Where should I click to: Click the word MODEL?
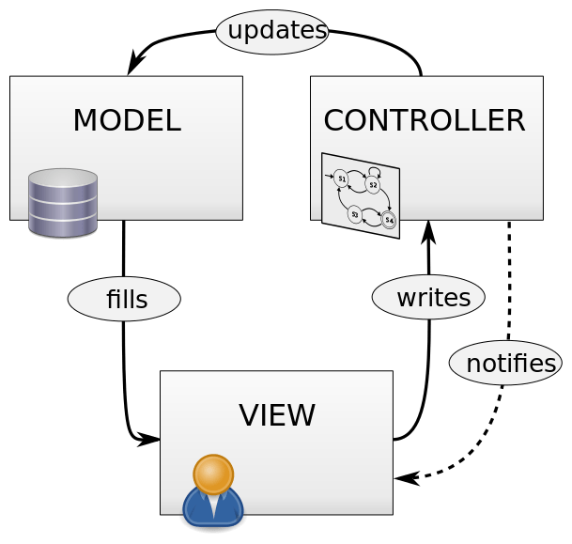tap(126, 120)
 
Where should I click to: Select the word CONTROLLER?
tap(424, 120)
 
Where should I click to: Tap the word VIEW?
tap(276, 414)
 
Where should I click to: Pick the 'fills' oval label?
tap(124, 299)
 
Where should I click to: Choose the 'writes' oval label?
tap(428, 298)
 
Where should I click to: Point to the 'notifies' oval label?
tap(505, 364)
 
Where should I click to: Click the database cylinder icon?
tap(63, 202)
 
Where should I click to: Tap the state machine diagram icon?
tap(360, 195)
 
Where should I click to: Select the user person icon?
tap(213, 490)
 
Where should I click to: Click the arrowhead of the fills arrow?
tap(147, 439)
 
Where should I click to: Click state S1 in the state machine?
tap(341, 178)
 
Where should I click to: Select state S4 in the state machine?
tap(389, 221)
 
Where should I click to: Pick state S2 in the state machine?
tap(373, 185)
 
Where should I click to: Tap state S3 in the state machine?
tap(354, 213)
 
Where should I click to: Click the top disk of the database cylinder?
tap(63, 178)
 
